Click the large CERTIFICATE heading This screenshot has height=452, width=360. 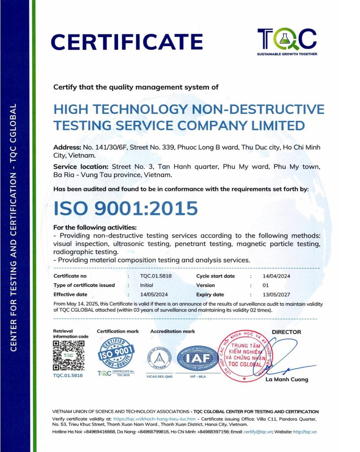click(127, 42)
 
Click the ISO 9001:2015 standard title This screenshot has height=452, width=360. click(126, 208)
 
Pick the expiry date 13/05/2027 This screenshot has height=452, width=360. click(277, 294)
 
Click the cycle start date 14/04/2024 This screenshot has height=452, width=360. click(277, 276)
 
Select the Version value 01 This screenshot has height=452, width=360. click(266, 285)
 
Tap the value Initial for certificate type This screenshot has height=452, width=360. click(146, 285)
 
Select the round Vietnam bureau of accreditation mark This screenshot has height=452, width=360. click(160, 357)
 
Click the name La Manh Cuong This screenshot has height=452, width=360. click(287, 379)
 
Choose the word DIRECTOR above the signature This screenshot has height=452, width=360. click(286, 332)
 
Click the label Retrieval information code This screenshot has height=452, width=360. click(71, 334)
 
